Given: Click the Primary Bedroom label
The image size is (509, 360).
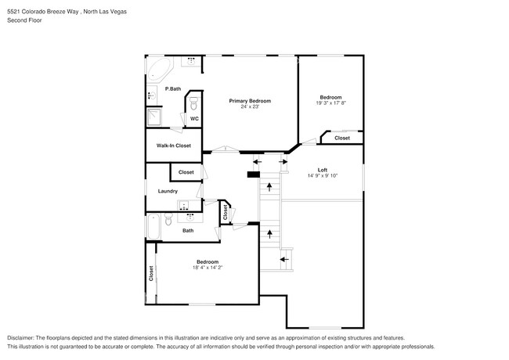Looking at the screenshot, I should coord(250,101).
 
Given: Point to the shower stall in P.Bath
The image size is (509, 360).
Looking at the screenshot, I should coord(154,117).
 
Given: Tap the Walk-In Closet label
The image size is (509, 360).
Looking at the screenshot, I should coord(173,146).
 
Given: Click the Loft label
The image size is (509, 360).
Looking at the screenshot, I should coord(322,170).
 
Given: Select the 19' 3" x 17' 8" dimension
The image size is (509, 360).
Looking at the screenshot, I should coord(330,103).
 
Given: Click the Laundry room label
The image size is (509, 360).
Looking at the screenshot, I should coord(168,191).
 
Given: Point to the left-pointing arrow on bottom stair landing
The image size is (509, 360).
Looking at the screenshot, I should coord(285,257).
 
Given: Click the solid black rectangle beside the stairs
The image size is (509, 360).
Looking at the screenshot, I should coord(253,174).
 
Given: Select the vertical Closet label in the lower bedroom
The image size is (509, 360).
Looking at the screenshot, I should coord(151,273).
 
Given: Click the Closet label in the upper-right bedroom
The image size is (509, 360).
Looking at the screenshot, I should coord(342,138).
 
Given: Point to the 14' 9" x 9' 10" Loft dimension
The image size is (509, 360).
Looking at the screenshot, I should coord(322,175).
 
